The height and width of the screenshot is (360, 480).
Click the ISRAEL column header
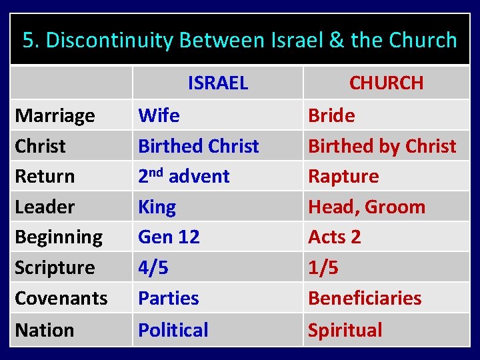pos(217,83)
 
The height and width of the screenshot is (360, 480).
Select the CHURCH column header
pos(386,83)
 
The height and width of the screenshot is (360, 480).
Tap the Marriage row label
pos(55,116)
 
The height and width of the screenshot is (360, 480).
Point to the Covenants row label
pos(61,298)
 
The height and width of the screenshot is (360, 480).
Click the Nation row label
pos(44,330)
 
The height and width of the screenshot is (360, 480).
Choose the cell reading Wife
pos(159,116)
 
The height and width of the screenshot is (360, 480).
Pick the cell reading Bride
pos(331,116)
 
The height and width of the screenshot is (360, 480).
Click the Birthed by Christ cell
pos(382,146)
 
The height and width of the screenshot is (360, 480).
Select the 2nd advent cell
pos(183,177)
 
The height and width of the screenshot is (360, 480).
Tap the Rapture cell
pos(343,177)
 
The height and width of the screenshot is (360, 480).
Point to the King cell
pos(157,207)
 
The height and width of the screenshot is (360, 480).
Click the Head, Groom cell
pos(366,207)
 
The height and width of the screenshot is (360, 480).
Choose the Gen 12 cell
pos(169,237)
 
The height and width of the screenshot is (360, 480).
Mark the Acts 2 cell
pos(334,237)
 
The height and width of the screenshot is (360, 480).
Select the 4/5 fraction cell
pos(153,268)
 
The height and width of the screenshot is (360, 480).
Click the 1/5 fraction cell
pos(323,268)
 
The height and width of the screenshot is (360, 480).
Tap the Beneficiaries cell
pos(364,298)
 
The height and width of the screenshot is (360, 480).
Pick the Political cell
pos(173,330)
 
